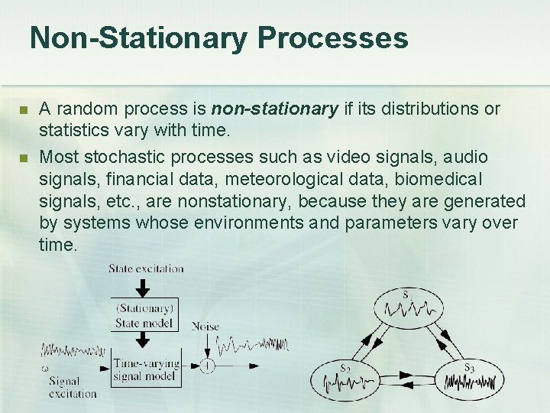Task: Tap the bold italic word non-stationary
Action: [x=276, y=109]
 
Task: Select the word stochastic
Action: [x=113, y=158]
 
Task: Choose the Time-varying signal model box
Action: [x=145, y=368]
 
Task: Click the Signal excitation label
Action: [x=73, y=386]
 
